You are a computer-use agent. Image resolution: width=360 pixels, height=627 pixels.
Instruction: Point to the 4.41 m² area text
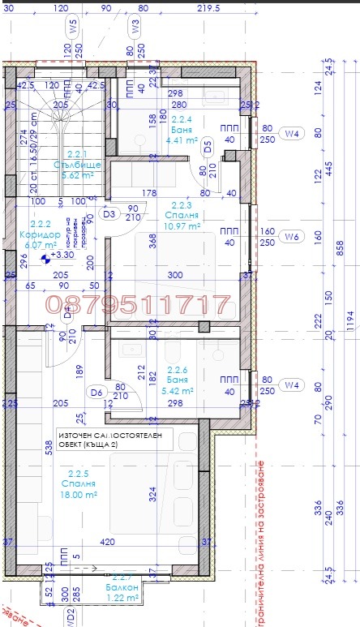coord(183,139)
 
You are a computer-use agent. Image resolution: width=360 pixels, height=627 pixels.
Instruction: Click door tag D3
coord(111,214)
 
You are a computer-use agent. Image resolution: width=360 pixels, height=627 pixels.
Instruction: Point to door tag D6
coord(96,393)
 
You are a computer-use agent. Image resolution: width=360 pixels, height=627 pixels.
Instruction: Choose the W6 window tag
coord(291,237)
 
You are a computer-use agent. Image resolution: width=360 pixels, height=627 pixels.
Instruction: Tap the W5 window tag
coord(73,27)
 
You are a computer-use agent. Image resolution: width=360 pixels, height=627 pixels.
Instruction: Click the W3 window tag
coord(136,27)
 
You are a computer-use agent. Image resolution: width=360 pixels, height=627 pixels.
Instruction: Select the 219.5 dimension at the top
coord(208,8)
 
